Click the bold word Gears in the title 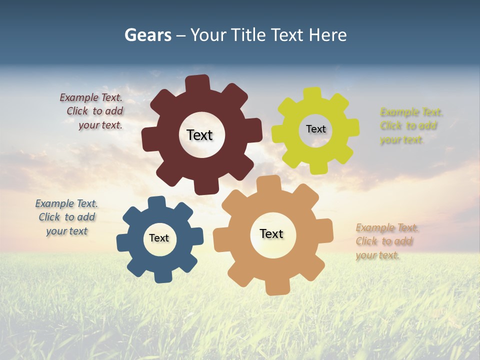point(148,35)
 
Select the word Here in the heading point(327,35)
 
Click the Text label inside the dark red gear point(199,135)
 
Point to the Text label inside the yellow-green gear point(315,129)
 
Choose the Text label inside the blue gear point(159,238)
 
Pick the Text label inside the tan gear point(271,233)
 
